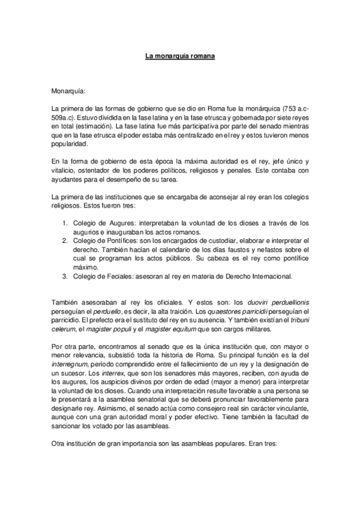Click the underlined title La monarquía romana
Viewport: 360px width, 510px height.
(x=180, y=57)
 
